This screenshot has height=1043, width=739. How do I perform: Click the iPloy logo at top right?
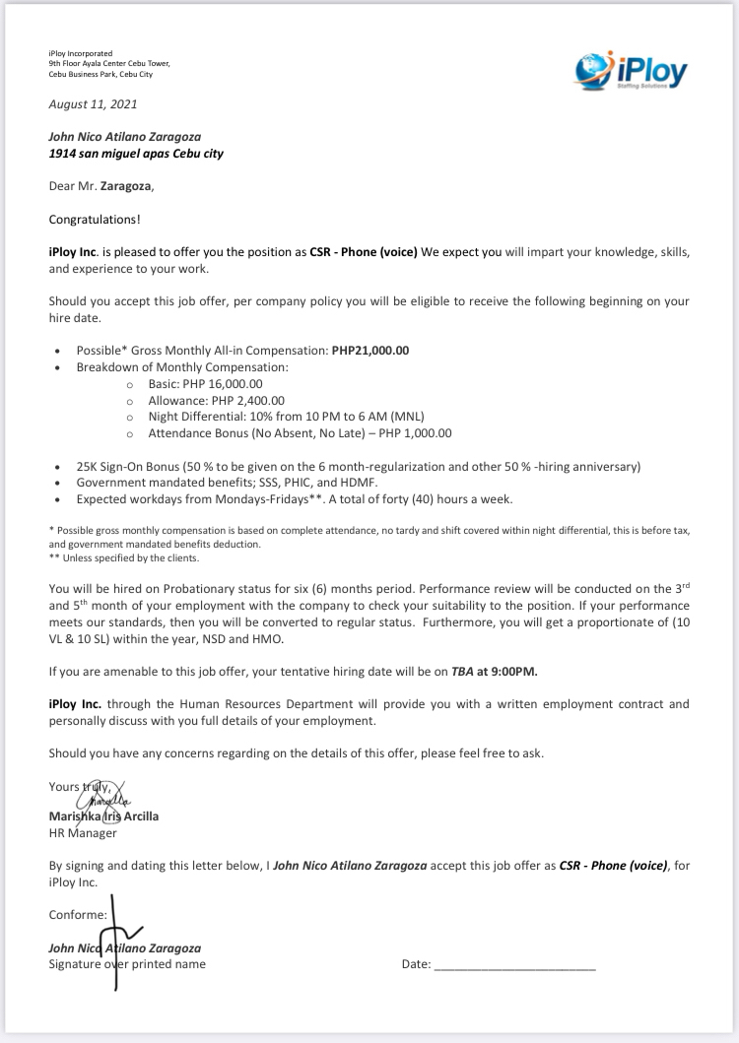[632, 68]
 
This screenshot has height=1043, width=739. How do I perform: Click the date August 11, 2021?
[94, 104]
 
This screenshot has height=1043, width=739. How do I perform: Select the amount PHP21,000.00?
[369, 350]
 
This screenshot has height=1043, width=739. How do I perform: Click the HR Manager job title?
[83, 832]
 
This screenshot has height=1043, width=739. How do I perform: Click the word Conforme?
[78, 914]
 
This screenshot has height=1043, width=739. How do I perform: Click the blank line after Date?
[514, 964]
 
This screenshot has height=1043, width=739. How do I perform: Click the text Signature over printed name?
[127, 964]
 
